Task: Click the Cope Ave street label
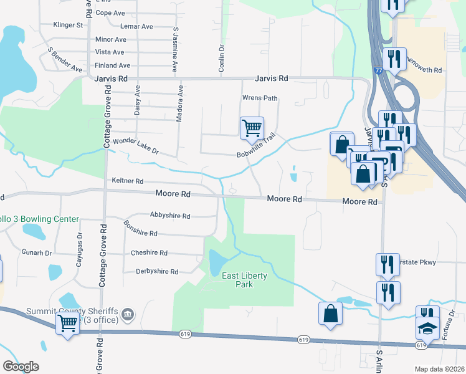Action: pos(111,12)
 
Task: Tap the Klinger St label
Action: pos(68,26)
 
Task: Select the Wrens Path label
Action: pos(259,98)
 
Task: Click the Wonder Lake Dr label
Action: pos(136,146)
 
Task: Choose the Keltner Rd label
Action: pos(127,181)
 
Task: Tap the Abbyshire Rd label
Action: pos(170,215)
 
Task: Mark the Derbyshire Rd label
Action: pos(157,272)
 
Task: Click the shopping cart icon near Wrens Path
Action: pos(252,128)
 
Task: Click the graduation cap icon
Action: pos(427,327)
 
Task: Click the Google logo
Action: pos(21,367)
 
